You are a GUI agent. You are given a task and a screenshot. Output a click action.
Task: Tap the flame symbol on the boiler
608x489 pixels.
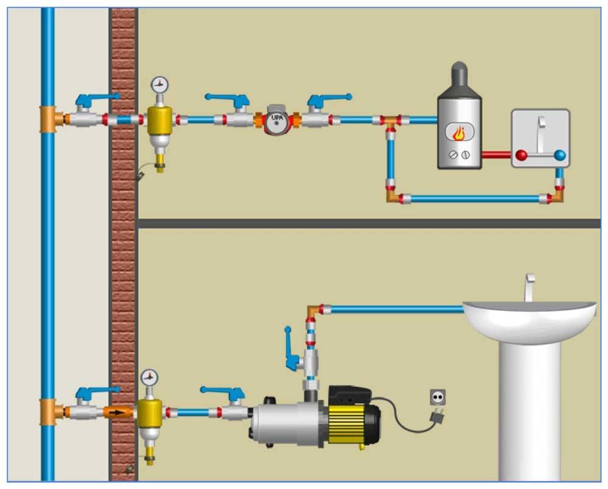460,132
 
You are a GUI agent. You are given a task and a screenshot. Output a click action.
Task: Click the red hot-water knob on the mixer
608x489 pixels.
520,155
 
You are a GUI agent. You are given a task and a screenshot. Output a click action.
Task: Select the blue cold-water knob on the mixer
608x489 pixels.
560,155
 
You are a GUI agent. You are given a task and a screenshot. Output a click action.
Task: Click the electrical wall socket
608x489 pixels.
437,397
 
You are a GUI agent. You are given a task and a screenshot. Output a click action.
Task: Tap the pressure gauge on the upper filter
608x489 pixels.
159,85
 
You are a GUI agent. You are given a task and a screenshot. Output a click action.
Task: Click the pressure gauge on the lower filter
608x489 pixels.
148,377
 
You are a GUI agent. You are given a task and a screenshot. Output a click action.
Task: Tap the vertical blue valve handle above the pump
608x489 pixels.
291,349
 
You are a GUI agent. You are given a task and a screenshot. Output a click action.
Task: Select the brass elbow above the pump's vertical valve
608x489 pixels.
312,310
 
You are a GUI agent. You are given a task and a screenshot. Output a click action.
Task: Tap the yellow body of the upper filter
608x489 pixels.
159,119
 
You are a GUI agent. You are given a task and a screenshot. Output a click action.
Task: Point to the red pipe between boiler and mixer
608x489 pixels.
496,155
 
